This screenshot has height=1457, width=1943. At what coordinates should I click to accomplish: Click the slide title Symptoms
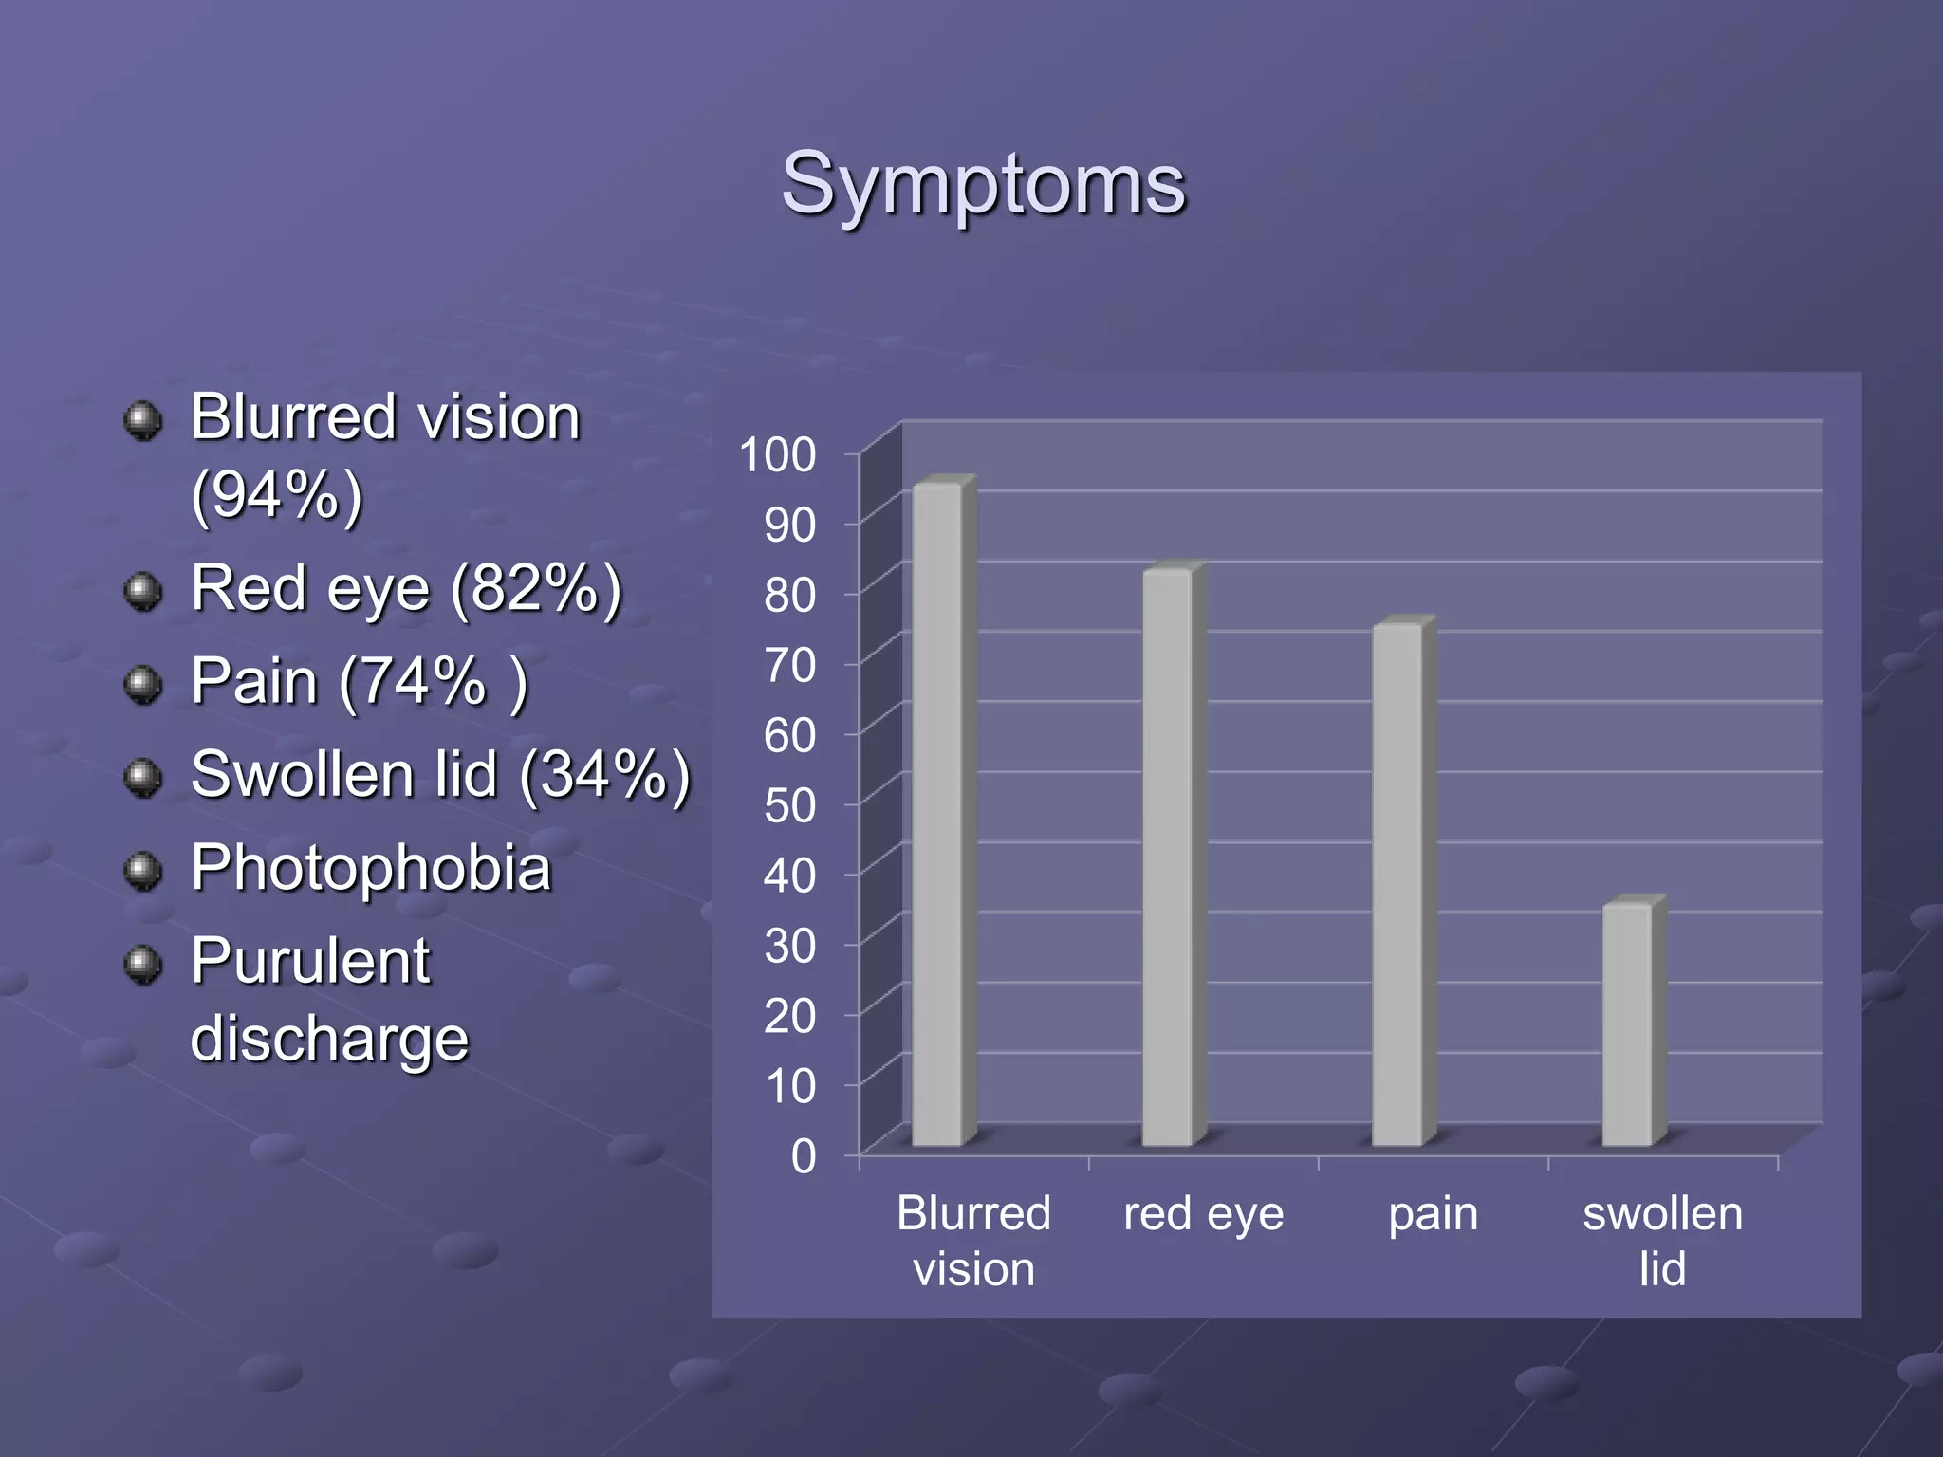983,184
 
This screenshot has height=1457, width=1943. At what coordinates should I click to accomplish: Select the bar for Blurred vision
937,816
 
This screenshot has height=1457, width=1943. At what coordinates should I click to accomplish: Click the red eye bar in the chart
1168,858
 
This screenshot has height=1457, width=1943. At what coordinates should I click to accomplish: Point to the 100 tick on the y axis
778,454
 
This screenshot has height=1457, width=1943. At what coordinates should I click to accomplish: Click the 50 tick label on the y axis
789,805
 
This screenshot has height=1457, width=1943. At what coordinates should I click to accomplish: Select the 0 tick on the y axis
803,1156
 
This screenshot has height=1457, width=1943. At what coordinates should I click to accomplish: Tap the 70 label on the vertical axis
789,665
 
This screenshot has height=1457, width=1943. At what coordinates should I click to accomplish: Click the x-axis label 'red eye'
1203,1213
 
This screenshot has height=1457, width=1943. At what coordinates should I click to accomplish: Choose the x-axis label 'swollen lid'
1662,1241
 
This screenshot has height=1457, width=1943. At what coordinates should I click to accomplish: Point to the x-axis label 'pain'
1433,1213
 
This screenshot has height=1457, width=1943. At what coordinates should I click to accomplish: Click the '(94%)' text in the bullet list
277,495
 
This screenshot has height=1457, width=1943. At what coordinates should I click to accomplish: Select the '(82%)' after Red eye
536,589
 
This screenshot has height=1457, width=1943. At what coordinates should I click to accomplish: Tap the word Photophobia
371,868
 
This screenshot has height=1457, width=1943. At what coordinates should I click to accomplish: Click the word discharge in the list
329,1039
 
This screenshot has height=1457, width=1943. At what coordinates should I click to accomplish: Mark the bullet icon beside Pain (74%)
143,684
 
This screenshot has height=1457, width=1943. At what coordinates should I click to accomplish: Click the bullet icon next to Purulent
143,965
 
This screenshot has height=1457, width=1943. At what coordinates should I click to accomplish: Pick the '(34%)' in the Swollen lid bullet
604,775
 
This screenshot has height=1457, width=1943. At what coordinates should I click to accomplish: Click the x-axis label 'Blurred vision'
973,1241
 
